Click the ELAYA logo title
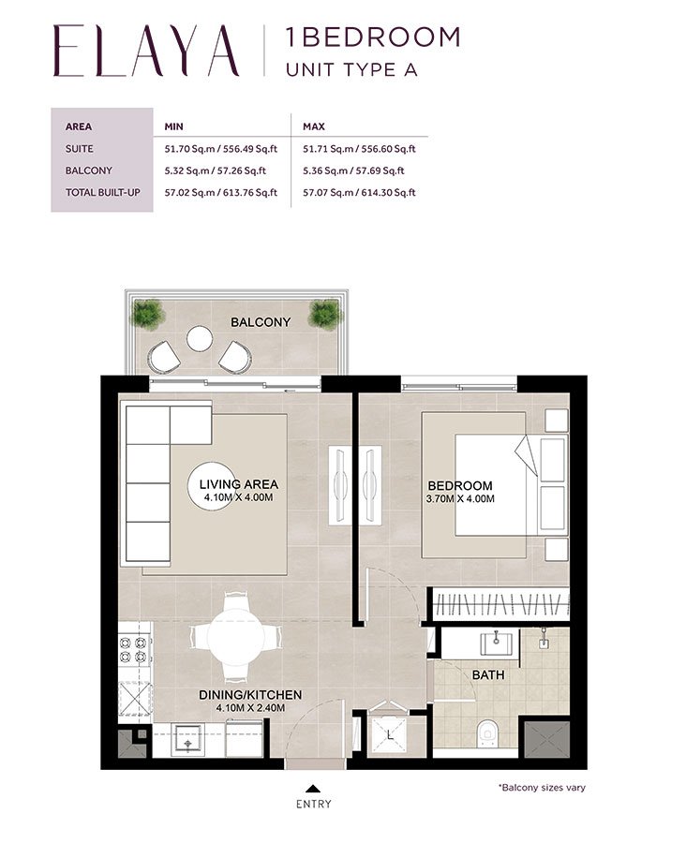pos(146,51)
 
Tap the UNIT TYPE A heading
pos(351,68)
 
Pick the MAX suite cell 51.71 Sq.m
pos(359,148)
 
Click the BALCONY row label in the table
pos(89,170)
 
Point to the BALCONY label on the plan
pos(261,322)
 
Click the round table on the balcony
pos(201,338)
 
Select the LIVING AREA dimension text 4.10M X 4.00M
pos(239,497)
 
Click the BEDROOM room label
pos(460,485)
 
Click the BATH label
pos(488,674)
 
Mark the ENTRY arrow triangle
pos(313,789)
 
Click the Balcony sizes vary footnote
pos(542,788)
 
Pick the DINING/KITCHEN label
pos(250,694)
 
